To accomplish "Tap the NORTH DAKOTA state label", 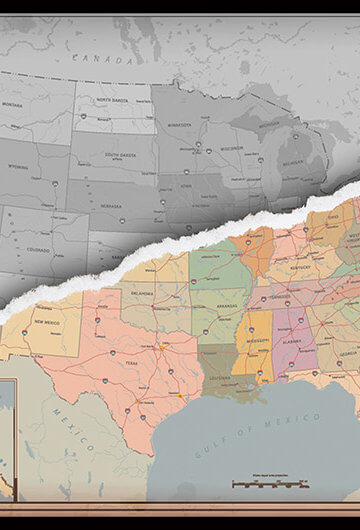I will click(117, 103).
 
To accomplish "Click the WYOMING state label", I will click(19, 167).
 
